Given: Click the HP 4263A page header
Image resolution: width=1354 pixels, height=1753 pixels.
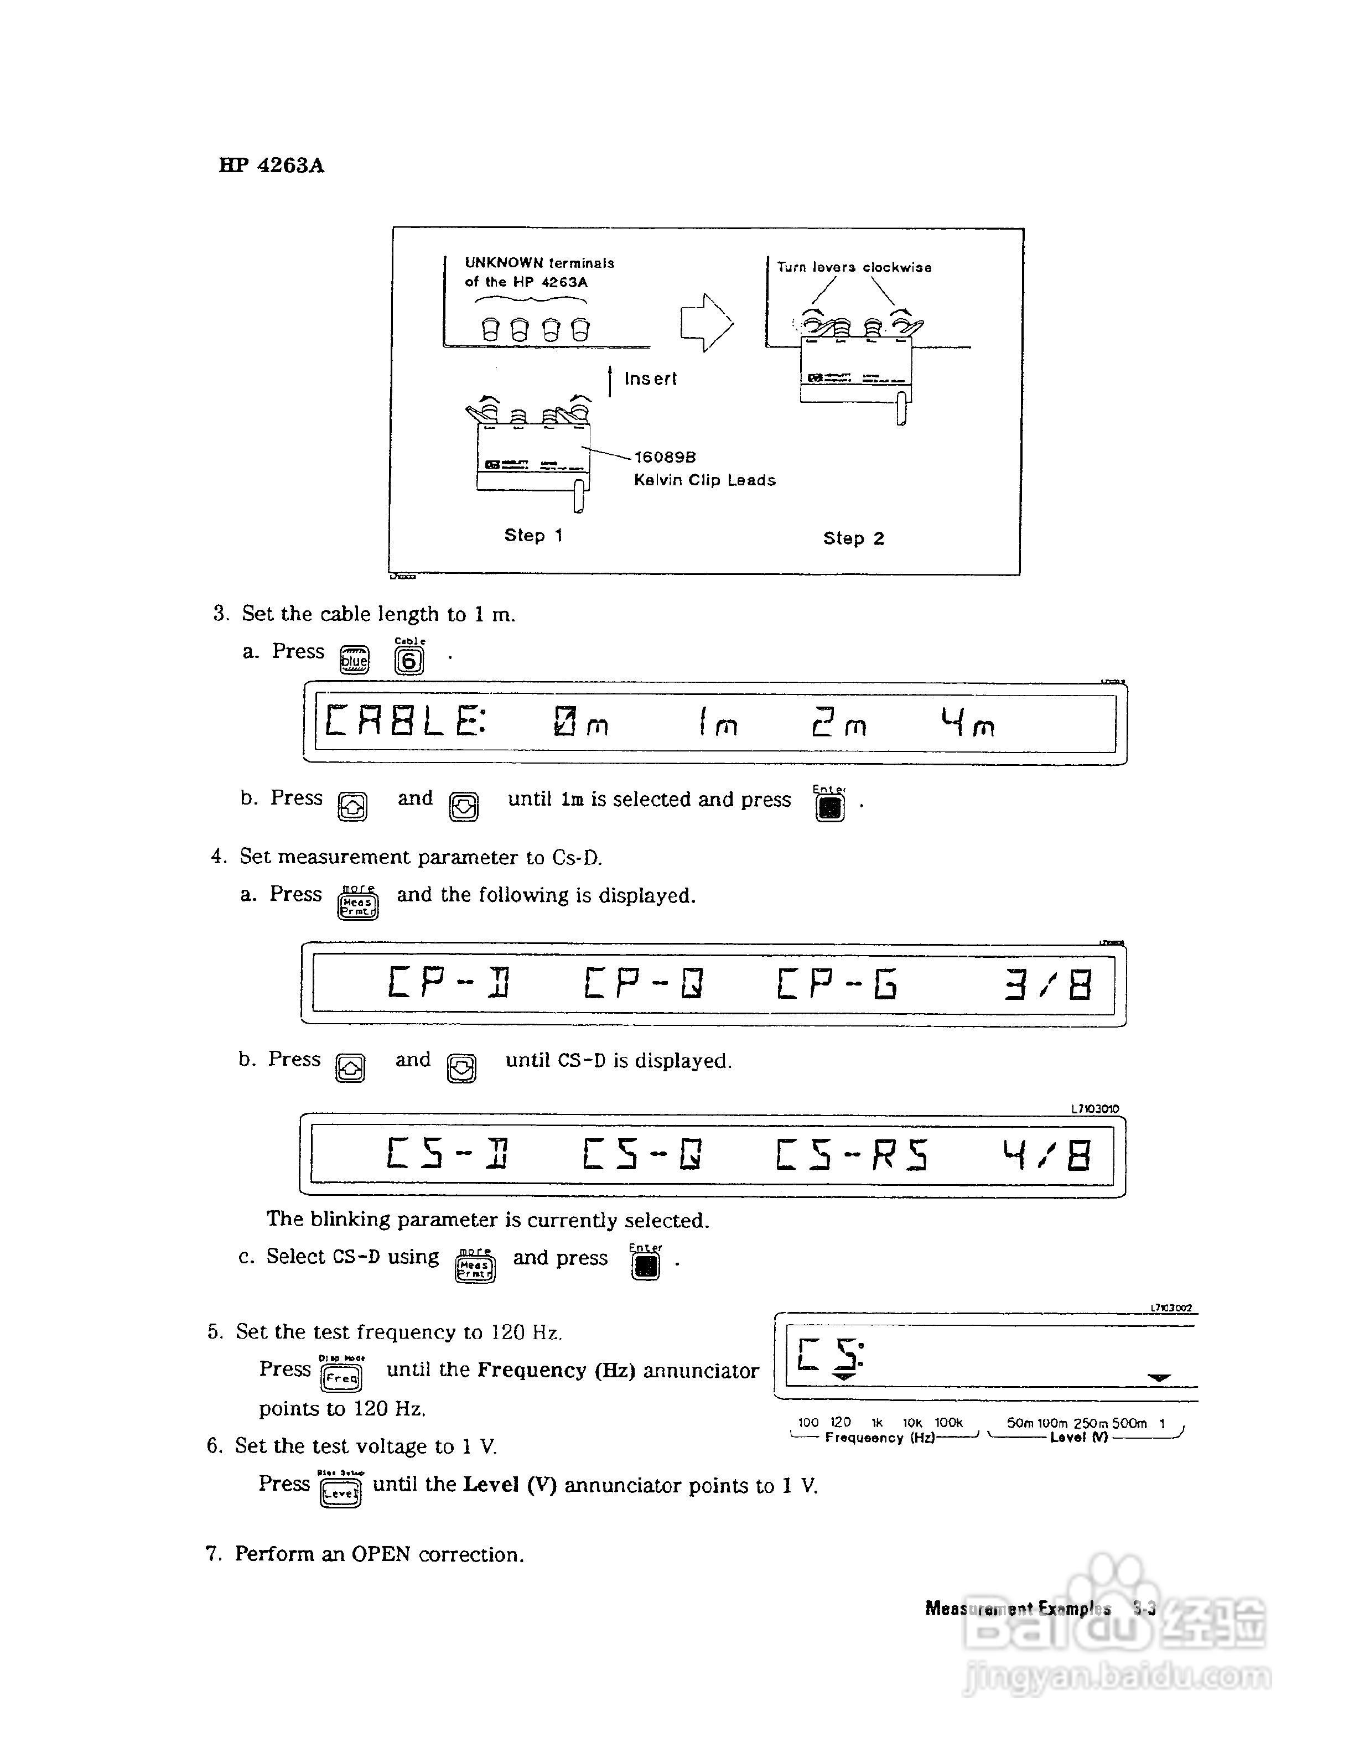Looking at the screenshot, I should pos(271,165).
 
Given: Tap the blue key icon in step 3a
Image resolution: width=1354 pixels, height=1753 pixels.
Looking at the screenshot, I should pos(354,660).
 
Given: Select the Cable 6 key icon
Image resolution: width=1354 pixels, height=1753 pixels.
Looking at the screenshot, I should pos(409,659).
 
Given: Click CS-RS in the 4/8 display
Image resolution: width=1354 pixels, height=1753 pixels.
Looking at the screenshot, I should pos(852,1155).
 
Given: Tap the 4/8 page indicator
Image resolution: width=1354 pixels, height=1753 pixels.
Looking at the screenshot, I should pos(1046,1155).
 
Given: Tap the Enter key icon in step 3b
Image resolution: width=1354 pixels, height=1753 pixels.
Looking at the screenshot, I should pos(830,806).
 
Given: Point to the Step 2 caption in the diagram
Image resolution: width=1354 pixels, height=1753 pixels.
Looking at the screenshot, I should pos(853,538).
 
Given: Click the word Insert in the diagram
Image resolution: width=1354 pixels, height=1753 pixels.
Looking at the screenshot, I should pos(650,379).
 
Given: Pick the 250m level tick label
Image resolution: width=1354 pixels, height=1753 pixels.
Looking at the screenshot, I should pos(1091,1423).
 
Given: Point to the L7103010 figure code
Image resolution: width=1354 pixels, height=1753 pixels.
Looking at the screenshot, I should pos(1094,1108).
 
